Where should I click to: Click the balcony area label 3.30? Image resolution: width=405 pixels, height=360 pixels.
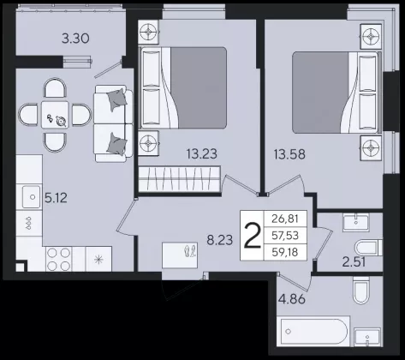tap(75, 39)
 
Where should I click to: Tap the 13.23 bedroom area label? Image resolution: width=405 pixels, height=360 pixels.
tap(202, 153)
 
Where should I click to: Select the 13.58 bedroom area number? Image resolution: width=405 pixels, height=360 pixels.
tap(289, 154)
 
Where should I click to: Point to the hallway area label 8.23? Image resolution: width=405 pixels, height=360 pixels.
tap(220, 240)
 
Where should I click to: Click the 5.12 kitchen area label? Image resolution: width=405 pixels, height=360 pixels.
tap(56, 198)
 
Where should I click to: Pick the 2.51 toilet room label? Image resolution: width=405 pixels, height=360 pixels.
tap(354, 262)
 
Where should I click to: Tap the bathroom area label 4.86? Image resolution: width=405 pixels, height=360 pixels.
tap(291, 299)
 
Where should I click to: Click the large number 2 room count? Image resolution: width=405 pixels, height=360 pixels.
tap(253, 236)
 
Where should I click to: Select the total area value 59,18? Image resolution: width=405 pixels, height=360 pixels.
tap(285, 252)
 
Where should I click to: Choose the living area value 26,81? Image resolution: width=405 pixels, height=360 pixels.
tap(285, 219)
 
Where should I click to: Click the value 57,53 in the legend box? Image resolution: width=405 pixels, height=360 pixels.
tap(285, 236)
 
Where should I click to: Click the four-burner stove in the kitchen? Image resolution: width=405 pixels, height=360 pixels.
tap(58, 259)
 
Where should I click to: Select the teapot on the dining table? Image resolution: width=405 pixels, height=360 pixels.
tap(61, 121)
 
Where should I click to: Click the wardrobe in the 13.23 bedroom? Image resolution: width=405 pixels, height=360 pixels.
tap(180, 179)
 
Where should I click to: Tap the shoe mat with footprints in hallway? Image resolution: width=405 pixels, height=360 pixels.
tap(180, 255)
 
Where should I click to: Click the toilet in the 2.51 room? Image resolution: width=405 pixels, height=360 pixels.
tap(368, 248)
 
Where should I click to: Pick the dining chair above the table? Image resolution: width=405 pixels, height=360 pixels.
tap(55, 88)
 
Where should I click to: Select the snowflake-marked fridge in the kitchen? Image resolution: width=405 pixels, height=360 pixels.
tap(98, 259)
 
